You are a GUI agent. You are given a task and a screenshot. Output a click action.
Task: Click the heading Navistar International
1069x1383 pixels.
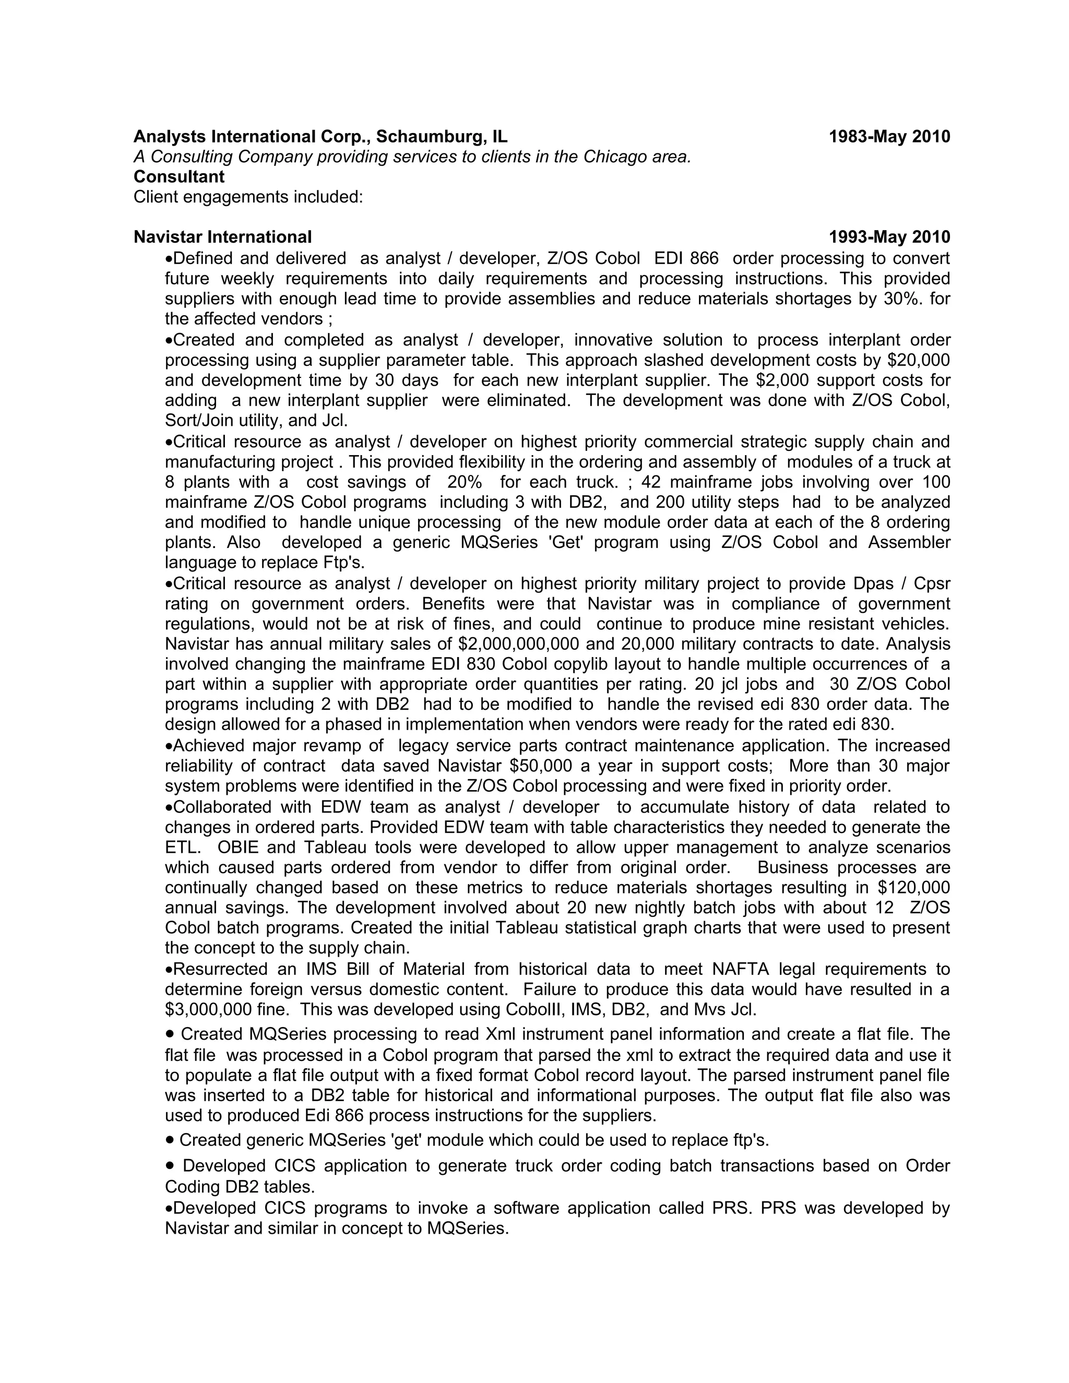click(222, 237)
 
